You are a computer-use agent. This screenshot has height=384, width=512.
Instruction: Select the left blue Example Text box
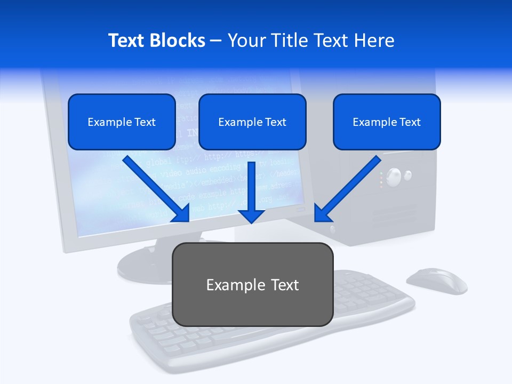pos(122,122)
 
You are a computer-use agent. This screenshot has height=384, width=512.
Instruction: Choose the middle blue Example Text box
pos(252,122)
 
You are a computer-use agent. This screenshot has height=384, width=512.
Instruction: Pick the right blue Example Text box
pos(387,122)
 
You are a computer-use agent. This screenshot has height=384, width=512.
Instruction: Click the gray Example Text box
pos(252,284)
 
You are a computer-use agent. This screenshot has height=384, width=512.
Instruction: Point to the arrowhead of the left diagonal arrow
pos(182,214)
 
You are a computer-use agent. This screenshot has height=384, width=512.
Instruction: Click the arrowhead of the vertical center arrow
pos(251,216)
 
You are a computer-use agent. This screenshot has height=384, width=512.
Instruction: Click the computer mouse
pos(436,281)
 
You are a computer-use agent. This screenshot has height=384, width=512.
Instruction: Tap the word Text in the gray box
pos(284,285)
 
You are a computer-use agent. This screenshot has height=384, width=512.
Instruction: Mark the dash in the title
pos(216,41)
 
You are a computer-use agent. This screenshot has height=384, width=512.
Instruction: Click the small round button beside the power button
pos(408,174)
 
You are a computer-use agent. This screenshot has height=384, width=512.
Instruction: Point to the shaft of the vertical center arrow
pos(251,184)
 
